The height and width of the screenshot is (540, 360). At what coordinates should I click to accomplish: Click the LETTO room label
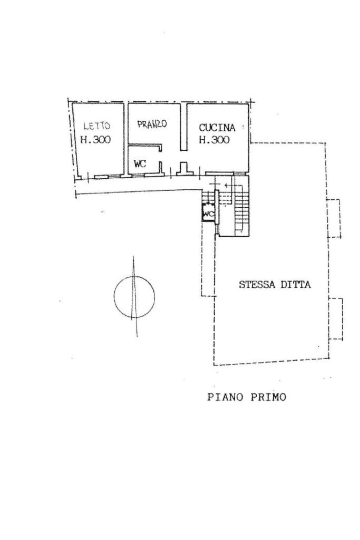pos(96,126)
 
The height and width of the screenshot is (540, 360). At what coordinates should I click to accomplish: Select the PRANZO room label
pos(152,124)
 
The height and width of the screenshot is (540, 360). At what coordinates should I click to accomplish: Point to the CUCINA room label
pos(217,128)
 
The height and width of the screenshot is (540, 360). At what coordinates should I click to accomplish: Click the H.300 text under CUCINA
pos(214,140)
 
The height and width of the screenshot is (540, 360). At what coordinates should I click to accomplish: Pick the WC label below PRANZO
pos(140,164)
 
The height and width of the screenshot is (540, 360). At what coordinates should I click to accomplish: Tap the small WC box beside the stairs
pos(208,214)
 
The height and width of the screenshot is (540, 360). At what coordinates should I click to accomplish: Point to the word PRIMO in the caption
pos(268,397)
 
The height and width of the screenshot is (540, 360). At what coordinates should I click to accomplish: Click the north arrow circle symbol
pos(134,296)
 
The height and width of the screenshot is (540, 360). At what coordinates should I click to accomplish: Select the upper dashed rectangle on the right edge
pos(334,218)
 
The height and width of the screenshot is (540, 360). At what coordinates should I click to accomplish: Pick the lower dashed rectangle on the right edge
pos(336,319)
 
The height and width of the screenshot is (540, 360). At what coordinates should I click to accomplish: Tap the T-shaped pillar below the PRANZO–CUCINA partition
pos(184,169)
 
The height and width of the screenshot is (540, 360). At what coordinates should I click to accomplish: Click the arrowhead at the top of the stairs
pos(226,186)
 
